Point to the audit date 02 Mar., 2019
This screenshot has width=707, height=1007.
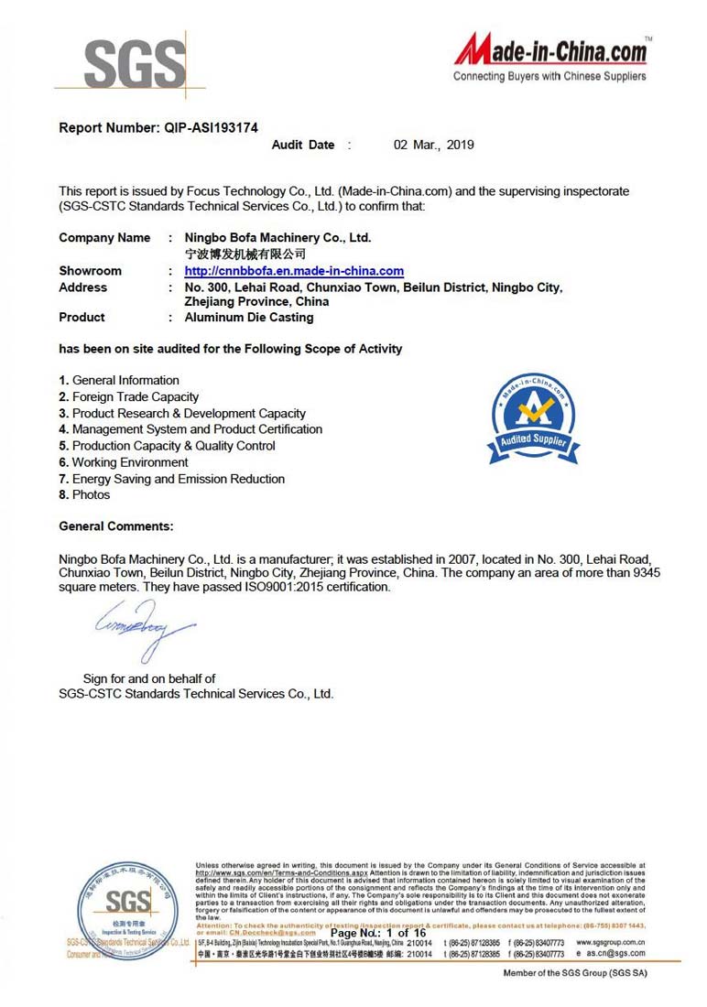(433, 145)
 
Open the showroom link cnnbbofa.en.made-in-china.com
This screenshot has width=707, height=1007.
(294, 271)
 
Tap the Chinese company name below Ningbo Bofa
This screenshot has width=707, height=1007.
(245, 254)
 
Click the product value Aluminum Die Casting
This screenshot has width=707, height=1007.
(249, 318)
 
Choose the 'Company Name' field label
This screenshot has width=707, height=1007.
(104, 238)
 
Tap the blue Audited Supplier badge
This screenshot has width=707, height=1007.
(532, 419)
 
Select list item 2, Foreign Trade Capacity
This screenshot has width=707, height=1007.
(129, 396)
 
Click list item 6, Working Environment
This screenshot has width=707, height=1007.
(124, 462)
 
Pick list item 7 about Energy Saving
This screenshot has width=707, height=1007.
(172, 479)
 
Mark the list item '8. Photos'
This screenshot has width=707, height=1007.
(84, 495)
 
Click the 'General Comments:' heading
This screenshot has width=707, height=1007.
(116, 526)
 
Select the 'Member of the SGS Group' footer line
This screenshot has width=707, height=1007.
(574, 972)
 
